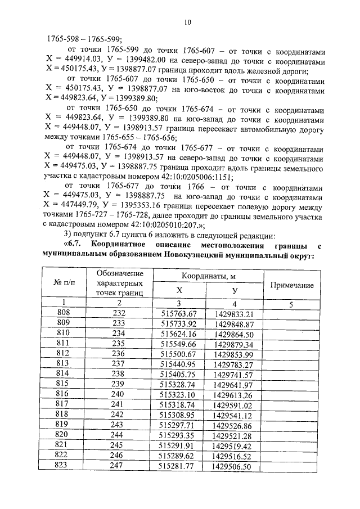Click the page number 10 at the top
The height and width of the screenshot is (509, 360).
[x=187, y=22]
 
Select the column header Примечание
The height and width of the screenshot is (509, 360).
[x=292, y=285]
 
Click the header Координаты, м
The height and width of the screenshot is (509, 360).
[x=208, y=276]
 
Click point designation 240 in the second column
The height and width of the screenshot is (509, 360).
[x=118, y=395]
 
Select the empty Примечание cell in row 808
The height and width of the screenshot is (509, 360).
[x=292, y=314]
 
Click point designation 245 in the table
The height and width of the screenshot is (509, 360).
[x=118, y=445]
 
